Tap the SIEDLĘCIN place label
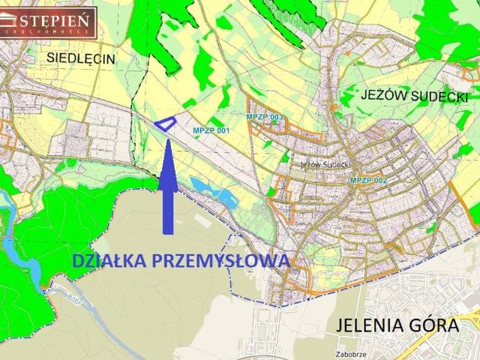coord(80,57)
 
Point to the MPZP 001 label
coord(211,130)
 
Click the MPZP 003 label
coord(264,118)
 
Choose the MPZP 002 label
coord(368,181)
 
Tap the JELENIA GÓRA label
coord(397,326)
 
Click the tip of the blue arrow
coord(167,140)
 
